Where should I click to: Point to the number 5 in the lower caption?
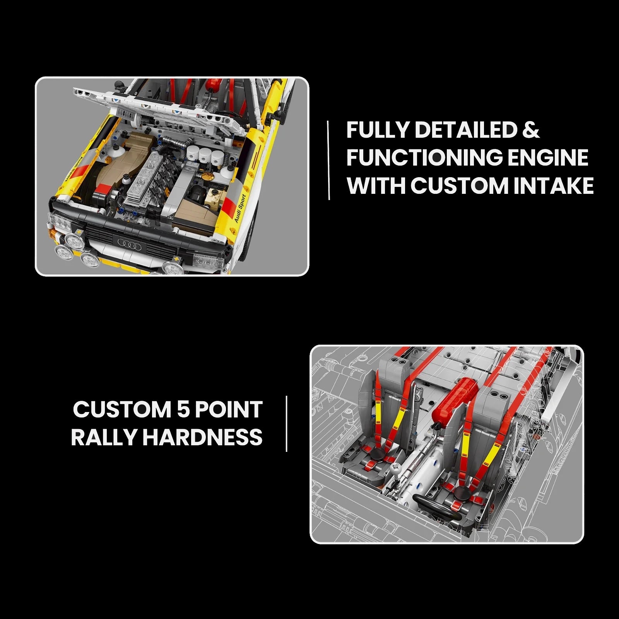click(183, 410)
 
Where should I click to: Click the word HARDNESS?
click(203, 438)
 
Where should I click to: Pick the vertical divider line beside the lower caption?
click(287, 424)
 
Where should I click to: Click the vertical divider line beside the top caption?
click(329, 160)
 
